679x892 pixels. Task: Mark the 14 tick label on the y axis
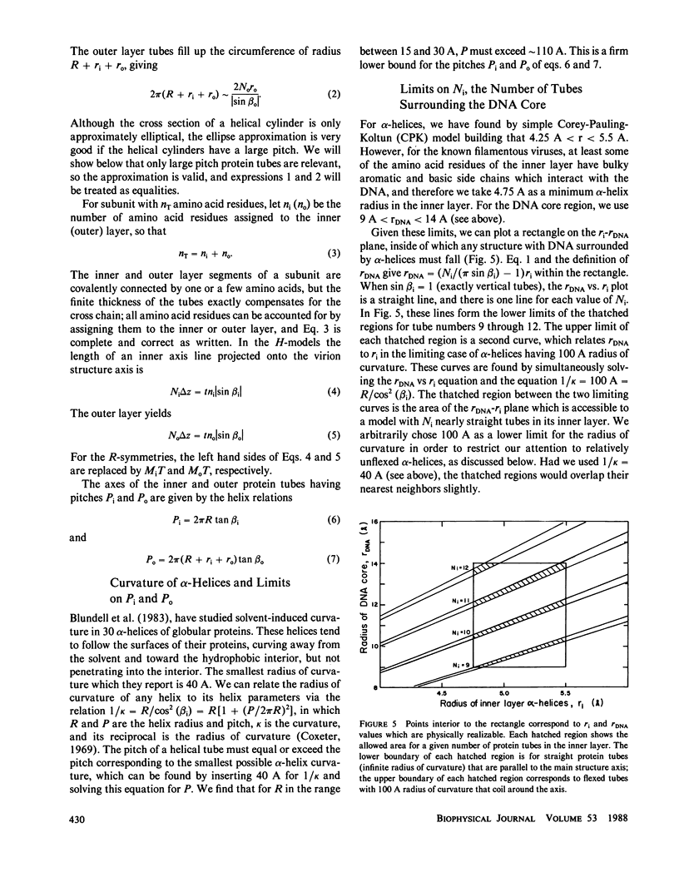[374, 563]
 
